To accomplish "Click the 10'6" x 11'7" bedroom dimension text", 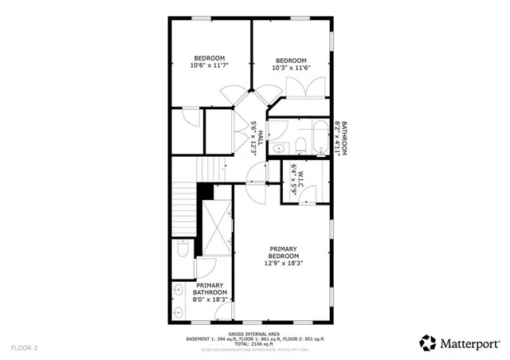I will click(x=208, y=66).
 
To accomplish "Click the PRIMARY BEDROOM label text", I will click(x=283, y=252).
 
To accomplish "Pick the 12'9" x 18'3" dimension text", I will click(x=284, y=263).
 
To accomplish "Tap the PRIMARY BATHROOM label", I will click(x=210, y=288).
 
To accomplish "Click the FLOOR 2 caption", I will click(x=25, y=348).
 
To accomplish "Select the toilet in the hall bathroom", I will click(x=300, y=145).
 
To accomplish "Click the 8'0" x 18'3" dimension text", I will click(x=210, y=299).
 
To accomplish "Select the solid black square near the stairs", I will click(x=206, y=192).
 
